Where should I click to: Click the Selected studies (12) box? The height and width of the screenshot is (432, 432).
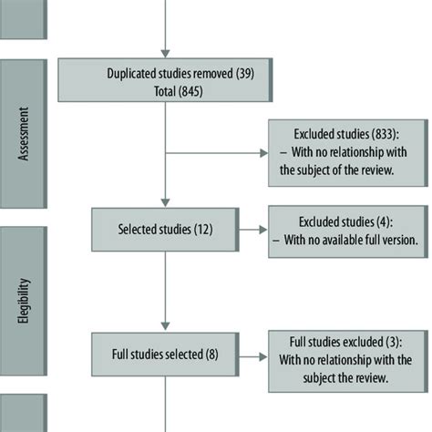click(x=165, y=228)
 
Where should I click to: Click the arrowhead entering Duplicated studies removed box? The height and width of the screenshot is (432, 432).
click(x=165, y=53)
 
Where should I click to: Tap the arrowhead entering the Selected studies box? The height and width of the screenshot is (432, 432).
click(x=165, y=201)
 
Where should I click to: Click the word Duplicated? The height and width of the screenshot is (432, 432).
click(x=134, y=73)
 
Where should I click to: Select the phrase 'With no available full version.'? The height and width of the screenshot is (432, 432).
click(x=348, y=240)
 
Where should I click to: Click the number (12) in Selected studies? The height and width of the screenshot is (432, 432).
click(x=201, y=228)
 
